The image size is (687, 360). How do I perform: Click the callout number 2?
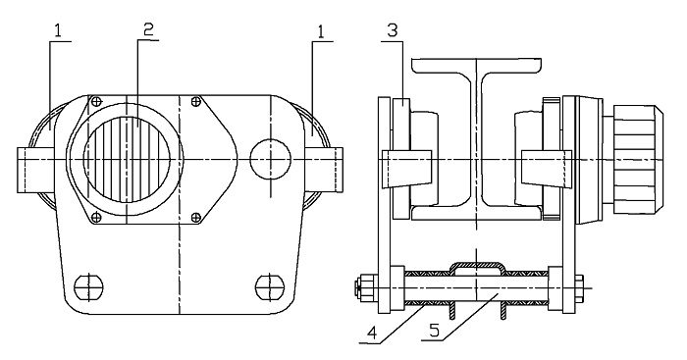[x=148, y=29]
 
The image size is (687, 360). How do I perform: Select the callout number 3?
[x=393, y=30]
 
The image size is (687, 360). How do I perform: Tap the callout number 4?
[x=372, y=334]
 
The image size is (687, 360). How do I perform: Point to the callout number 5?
[x=434, y=331]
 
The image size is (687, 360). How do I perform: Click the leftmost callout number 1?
[x=59, y=30]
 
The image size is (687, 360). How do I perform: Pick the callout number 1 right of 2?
[x=322, y=31]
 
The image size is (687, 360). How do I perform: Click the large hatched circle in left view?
[x=127, y=160]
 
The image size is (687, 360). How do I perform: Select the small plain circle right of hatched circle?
[x=270, y=160]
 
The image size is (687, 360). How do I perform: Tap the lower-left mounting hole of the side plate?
[x=89, y=287]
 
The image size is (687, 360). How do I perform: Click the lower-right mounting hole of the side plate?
[x=270, y=287]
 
